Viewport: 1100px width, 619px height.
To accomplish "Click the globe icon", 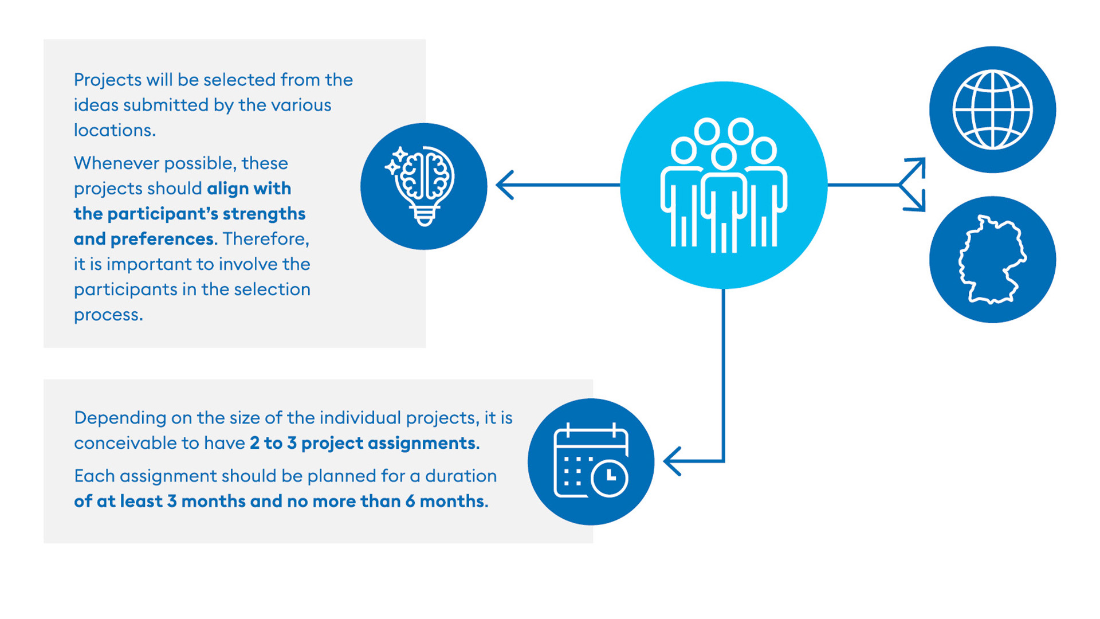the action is pyautogui.click(x=992, y=109).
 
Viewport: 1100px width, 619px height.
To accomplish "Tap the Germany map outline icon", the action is pyautogui.click(x=992, y=260).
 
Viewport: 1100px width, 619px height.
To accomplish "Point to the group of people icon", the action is pyautogui.click(x=724, y=185).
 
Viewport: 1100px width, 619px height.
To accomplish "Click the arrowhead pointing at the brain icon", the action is pyautogui.click(x=505, y=185).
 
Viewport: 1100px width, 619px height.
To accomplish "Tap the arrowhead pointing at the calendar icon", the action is pyautogui.click(x=672, y=461).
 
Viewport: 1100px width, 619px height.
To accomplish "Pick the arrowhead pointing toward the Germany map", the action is pyautogui.click(x=916, y=202).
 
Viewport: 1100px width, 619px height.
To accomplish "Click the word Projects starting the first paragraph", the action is pyautogui.click(x=108, y=80).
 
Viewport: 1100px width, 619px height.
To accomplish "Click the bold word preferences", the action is pyautogui.click(x=162, y=239).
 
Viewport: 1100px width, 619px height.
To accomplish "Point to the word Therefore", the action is pyautogui.click(x=266, y=238).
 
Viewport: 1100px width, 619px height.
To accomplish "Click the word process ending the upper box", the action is pyautogui.click(x=108, y=315).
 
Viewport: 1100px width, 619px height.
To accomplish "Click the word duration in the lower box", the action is pyautogui.click(x=461, y=476).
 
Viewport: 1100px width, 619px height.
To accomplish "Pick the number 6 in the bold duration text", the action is pyautogui.click(x=410, y=502).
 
